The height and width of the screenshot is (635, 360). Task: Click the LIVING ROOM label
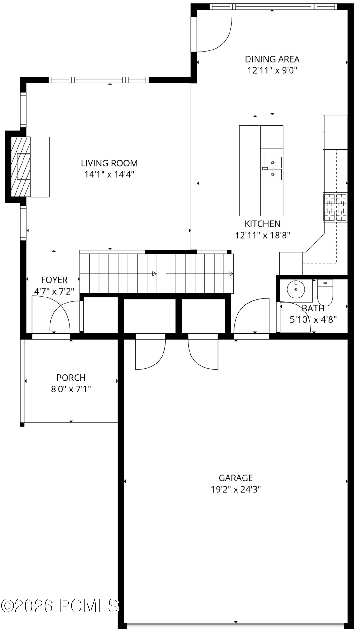(109, 163)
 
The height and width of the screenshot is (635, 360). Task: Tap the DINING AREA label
(272, 59)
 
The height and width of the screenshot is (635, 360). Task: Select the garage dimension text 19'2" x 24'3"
(236, 489)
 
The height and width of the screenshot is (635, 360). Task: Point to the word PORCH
(71, 378)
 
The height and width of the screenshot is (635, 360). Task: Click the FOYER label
(54, 280)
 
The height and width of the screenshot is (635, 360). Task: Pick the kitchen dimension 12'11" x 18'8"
(263, 235)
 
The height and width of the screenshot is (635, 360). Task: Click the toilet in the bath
(325, 292)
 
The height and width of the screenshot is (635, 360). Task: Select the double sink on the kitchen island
(273, 168)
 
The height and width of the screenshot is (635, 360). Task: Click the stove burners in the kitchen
(335, 207)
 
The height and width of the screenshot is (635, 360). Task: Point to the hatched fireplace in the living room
(21, 167)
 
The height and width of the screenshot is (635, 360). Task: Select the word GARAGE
(236, 478)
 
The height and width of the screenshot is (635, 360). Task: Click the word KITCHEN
(263, 224)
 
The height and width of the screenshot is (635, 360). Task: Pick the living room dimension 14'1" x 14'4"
(109, 174)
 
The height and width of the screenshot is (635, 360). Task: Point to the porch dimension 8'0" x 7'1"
(71, 389)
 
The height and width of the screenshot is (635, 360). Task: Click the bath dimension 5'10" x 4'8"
(313, 319)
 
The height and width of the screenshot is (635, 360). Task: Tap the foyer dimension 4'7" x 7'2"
(54, 291)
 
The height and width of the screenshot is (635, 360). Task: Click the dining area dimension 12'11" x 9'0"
(272, 70)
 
